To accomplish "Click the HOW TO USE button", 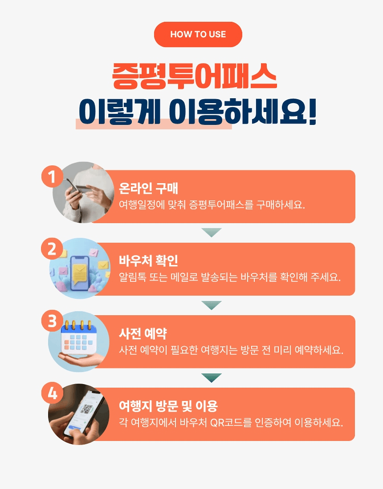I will (x=198, y=34).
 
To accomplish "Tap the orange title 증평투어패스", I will (x=194, y=76).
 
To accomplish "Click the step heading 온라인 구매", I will (x=148, y=188).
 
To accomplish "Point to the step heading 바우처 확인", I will (x=148, y=261).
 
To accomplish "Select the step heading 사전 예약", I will (x=143, y=333).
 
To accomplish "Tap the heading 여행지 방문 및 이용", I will (x=168, y=406).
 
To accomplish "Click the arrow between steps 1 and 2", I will (x=211, y=232).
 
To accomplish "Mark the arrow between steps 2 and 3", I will (x=211, y=305).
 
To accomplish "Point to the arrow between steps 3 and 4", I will (x=211, y=378).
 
